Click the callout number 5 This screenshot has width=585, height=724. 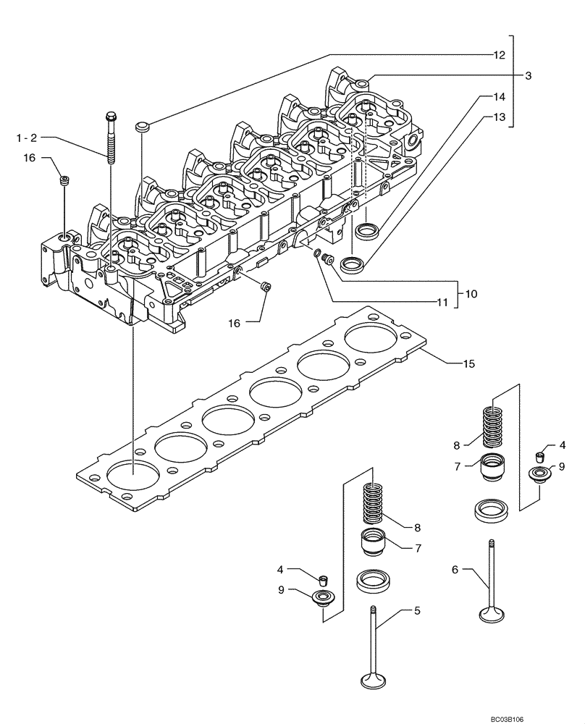416,611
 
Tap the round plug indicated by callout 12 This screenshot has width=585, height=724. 142,127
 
